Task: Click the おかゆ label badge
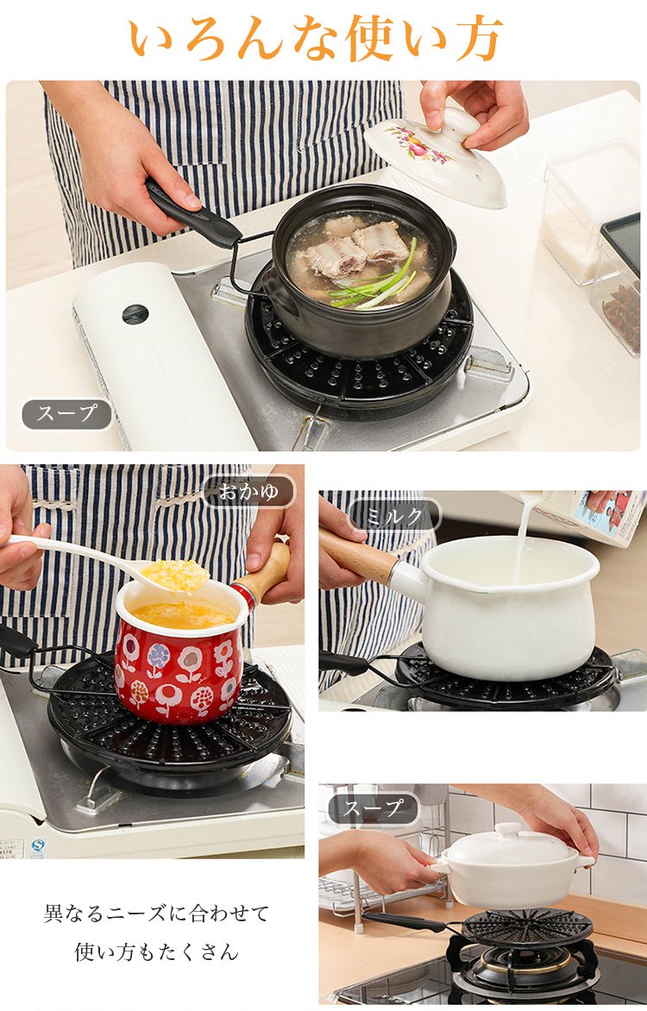coord(249,492)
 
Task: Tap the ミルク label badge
coord(395,515)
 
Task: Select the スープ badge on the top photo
coord(67,414)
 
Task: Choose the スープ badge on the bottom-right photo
coord(373,808)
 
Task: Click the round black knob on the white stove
coord(135,315)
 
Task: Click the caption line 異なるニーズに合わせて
coord(156,913)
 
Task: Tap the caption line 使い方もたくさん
coord(156,951)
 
